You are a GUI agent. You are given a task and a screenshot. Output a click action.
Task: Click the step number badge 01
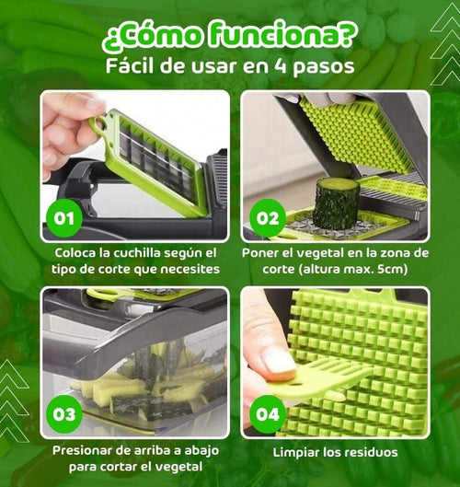(64, 218)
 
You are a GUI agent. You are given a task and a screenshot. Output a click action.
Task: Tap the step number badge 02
(268, 218)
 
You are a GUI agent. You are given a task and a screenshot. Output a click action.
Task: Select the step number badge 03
(64, 414)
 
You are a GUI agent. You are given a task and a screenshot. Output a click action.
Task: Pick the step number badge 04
(268, 414)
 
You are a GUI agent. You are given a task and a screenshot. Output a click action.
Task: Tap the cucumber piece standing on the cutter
(337, 203)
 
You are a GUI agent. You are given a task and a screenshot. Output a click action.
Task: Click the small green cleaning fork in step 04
(316, 380)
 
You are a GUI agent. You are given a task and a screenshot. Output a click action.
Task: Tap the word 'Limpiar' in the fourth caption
(296, 453)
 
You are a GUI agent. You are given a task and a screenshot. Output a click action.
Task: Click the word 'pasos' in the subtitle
(323, 67)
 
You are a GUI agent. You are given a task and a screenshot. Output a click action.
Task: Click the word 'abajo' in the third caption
(201, 450)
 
